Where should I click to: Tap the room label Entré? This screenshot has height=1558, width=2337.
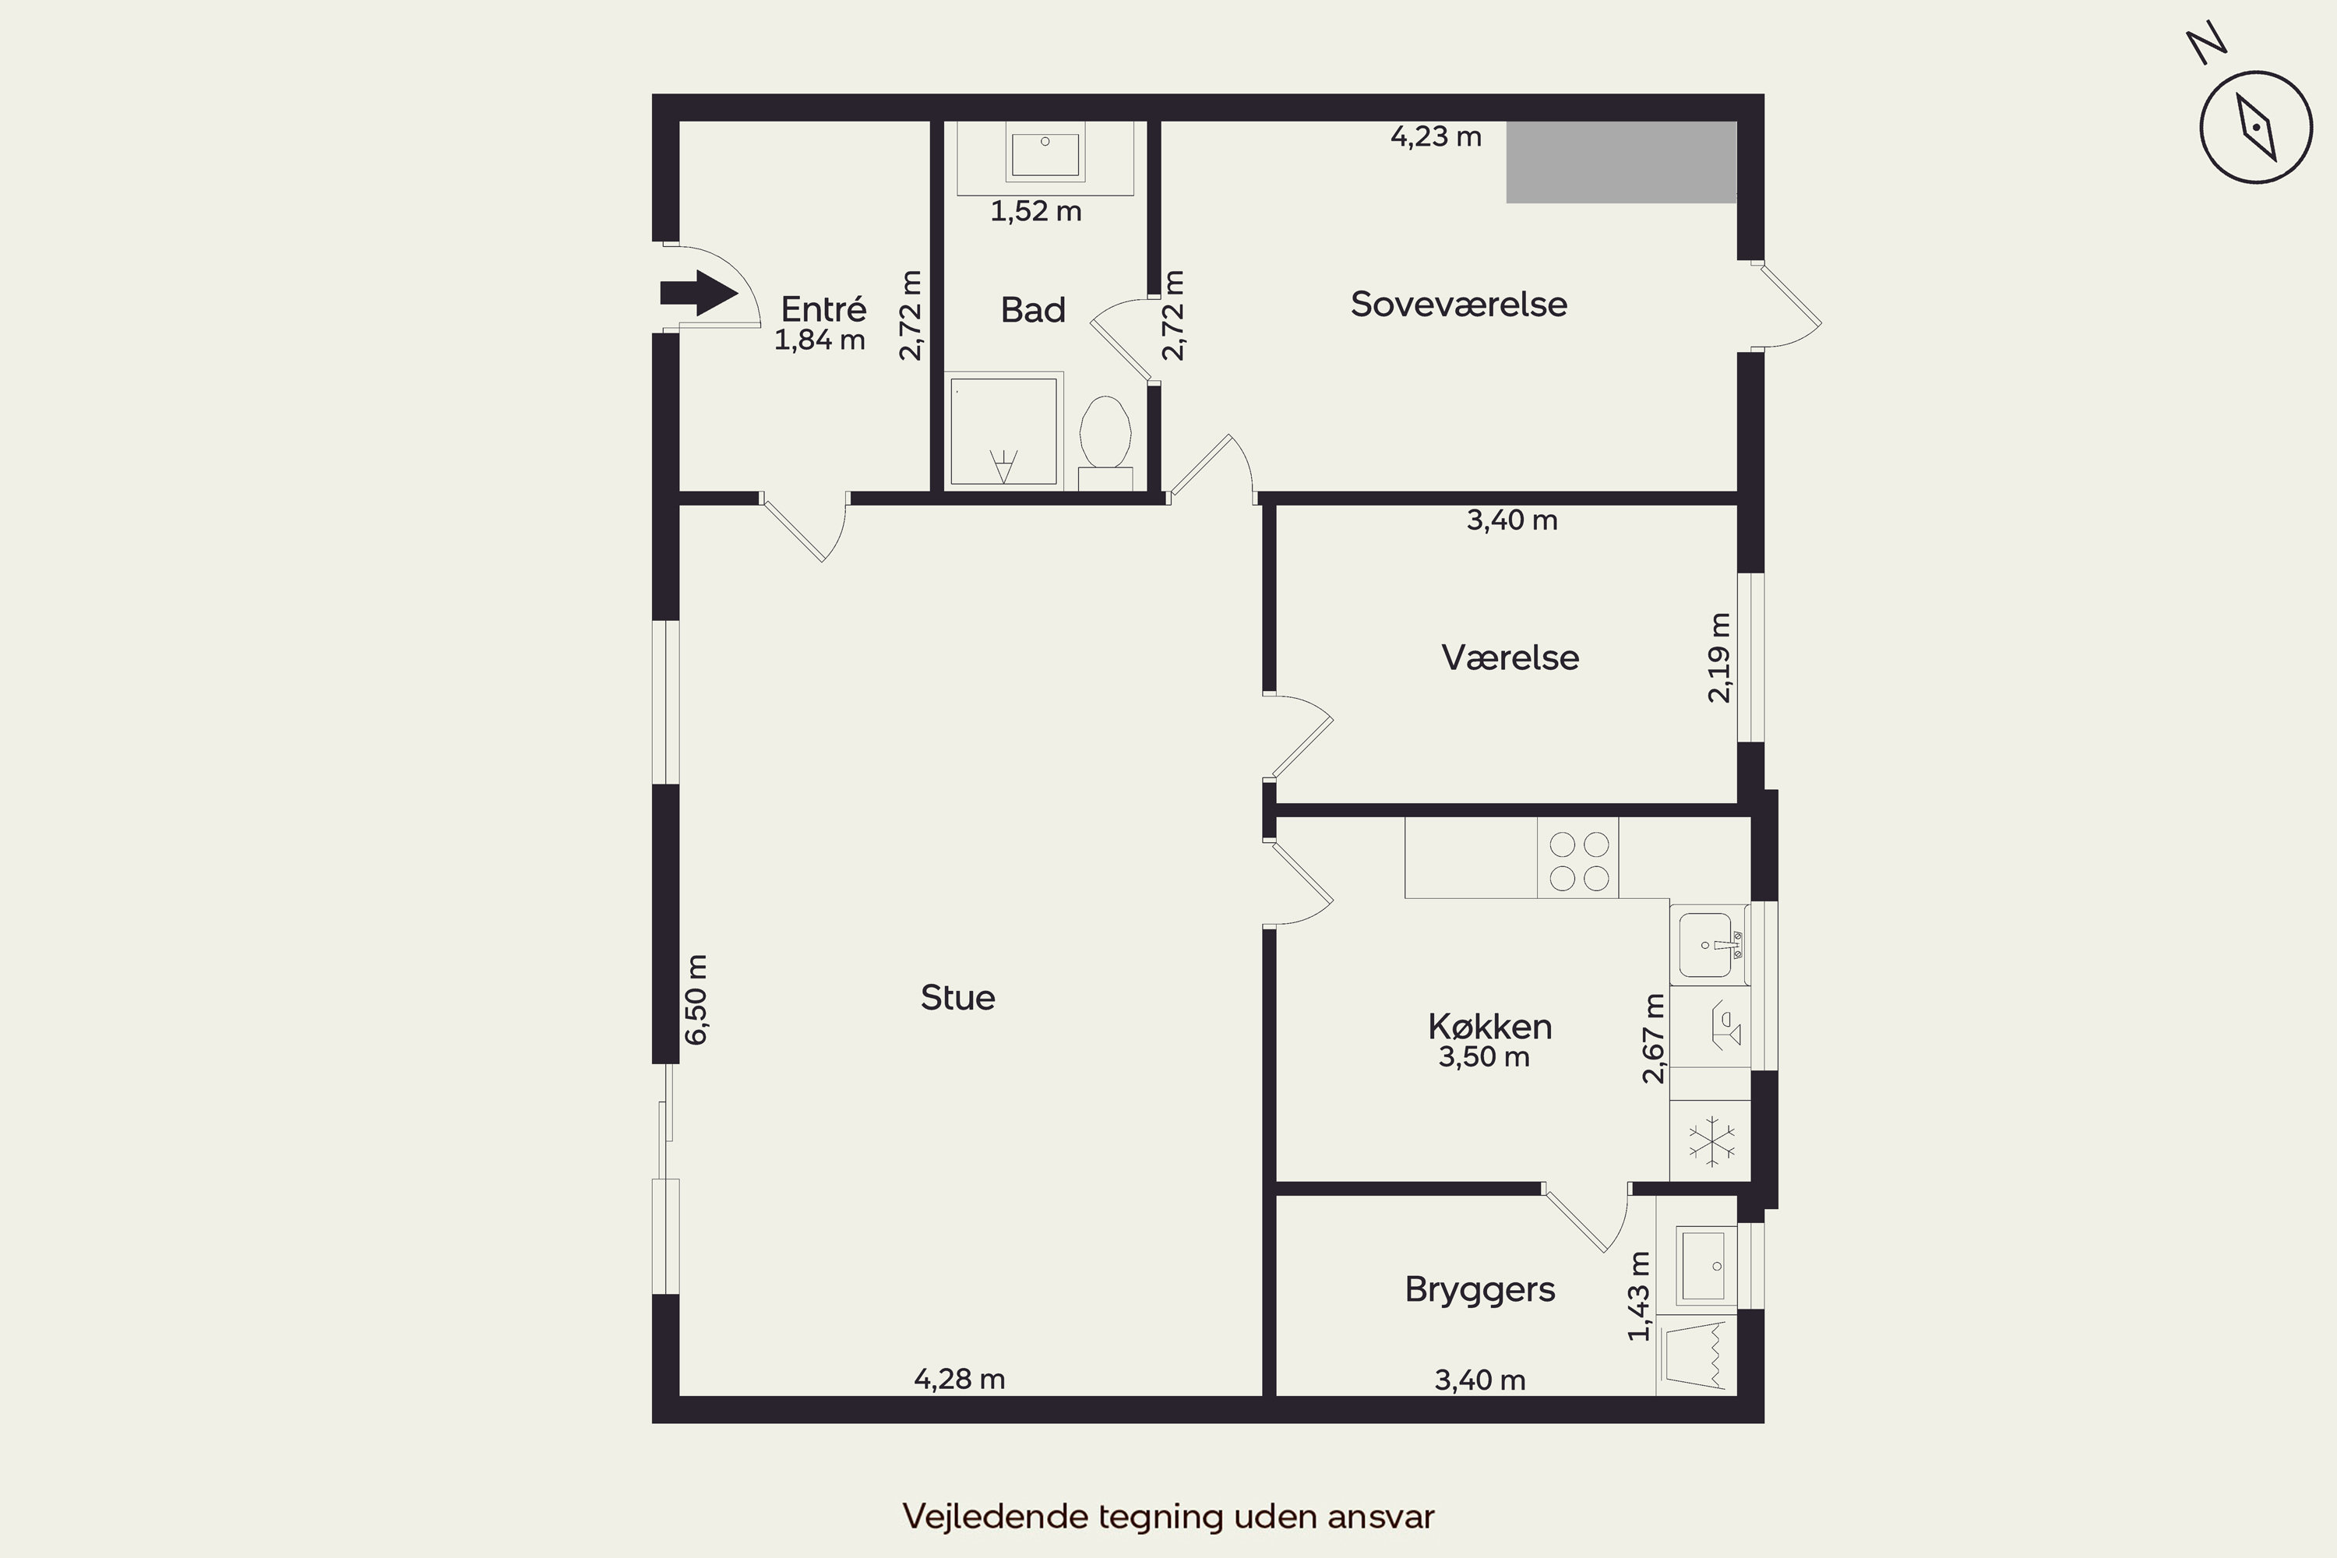[823, 309]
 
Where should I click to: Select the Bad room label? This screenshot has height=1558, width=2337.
[1034, 310]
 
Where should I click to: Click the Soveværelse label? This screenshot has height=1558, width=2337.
[1458, 304]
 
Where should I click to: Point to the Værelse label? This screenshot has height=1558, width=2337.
[1510, 657]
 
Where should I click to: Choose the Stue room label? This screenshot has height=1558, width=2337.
[958, 998]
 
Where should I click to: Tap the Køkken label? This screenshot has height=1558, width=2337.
[1490, 1027]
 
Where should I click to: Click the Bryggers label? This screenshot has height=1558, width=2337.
[1481, 1290]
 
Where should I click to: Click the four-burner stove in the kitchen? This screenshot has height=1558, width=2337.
[1578, 858]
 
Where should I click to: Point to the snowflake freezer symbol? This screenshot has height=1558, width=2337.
[1710, 1140]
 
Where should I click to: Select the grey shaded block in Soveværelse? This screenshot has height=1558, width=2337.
[1622, 162]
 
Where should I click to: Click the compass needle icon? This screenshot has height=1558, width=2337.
[2258, 127]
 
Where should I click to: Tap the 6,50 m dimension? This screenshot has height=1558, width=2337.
[696, 999]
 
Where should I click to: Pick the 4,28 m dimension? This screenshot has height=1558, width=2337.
[960, 1379]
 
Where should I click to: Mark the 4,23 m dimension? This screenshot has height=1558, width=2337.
[1436, 137]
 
